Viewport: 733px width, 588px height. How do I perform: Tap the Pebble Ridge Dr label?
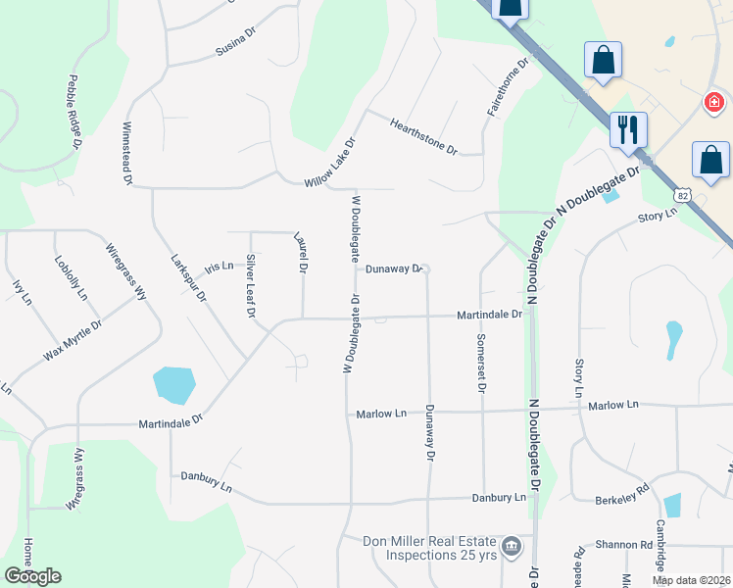73,113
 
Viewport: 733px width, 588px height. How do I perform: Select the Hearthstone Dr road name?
424,136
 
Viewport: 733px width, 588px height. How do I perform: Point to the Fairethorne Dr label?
509,87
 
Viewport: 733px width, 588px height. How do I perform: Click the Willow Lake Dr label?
328,163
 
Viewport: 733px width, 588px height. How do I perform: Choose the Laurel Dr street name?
301,252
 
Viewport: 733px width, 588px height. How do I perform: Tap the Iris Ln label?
220,267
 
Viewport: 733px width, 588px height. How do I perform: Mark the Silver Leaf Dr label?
251,286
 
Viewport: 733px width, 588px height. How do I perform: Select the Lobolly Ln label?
72,278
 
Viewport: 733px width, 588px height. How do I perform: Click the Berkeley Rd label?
622,496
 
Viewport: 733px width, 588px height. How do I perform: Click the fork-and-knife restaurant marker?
628,128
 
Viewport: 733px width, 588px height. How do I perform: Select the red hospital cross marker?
714,101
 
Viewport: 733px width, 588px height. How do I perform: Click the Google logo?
32,576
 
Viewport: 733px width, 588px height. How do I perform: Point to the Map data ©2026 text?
690,580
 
